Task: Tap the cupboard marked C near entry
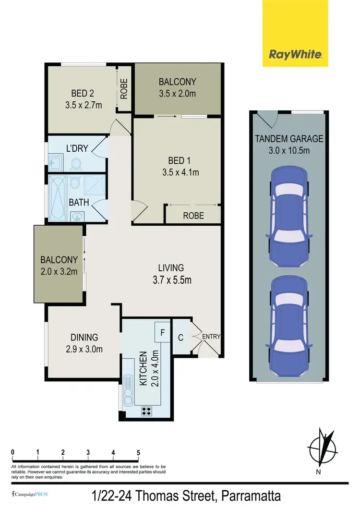pos(181,337)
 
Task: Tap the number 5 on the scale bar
pos(138,452)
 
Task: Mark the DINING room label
pos(84,343)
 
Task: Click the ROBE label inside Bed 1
pos(193,216)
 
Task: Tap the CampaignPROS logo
pos(30,494)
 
